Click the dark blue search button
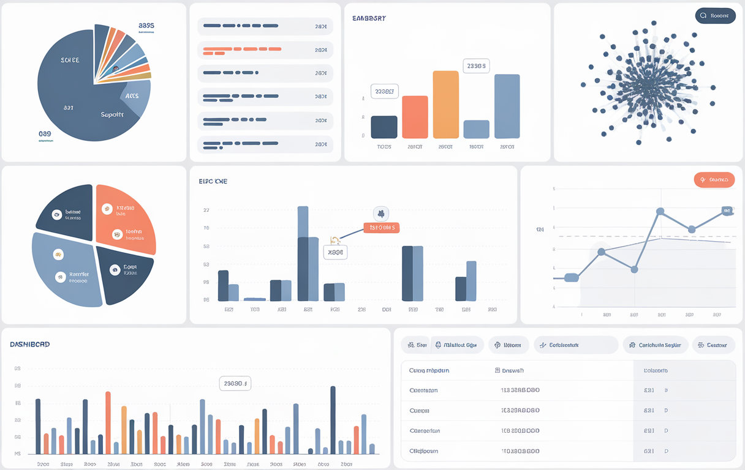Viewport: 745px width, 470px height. (x=715, y=16)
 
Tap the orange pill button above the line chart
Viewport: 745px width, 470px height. (x=714, y=179)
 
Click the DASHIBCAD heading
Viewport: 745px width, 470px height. (x=30, y=345)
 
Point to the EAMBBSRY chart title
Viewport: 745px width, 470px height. (x=369, y=18)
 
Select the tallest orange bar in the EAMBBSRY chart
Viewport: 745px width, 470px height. (x=445, y=104)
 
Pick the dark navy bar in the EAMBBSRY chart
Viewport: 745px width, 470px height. (x=384, y=127)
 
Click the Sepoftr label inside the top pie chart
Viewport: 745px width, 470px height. (x=112, y=114)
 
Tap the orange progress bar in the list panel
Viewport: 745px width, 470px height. (x=241, y=49)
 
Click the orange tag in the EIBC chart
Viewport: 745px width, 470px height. (x=381, y=228)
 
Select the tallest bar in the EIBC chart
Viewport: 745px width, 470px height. (x=303, y=253)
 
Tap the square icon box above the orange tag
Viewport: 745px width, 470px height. (x=380, y=214)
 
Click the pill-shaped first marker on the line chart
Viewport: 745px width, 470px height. (x=571, y=278)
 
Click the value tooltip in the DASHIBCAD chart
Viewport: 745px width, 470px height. (x=235, y=384)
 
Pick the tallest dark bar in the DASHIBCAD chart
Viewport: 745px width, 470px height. (x=333, y=420)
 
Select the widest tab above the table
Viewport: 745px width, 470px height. (x=576, y=345)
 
